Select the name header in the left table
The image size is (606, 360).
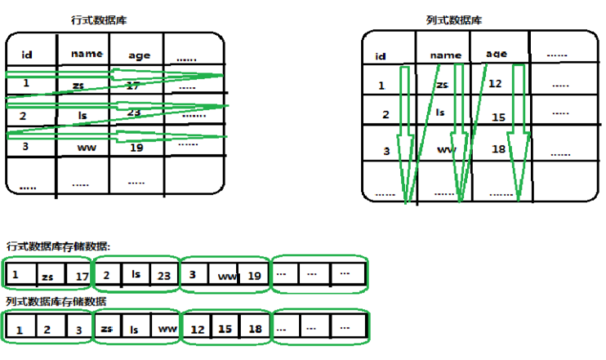pyautogui.click(x=87, y=54)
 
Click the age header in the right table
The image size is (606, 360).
pyautogui.click(x=496, y=54)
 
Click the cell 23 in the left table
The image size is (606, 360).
pyautogui.click(x=134, y=112)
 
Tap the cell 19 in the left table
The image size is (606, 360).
pyautogui.click(x=137, y=148)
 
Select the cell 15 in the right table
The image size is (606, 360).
pyautogui.click(x=498, y=118)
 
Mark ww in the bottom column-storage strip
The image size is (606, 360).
pyautogui.click(x=166, y=329)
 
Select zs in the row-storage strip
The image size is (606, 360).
pyautogui.click(x=47, y=278)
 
